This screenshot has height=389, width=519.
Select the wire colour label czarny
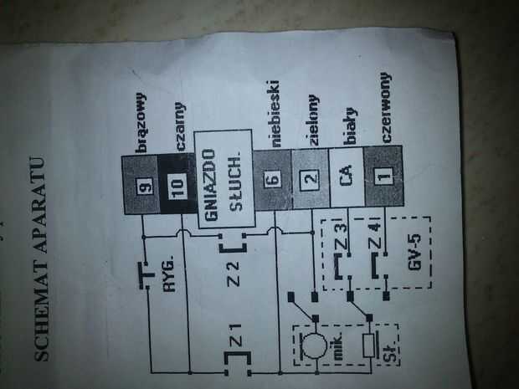[x=179, y=118]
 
